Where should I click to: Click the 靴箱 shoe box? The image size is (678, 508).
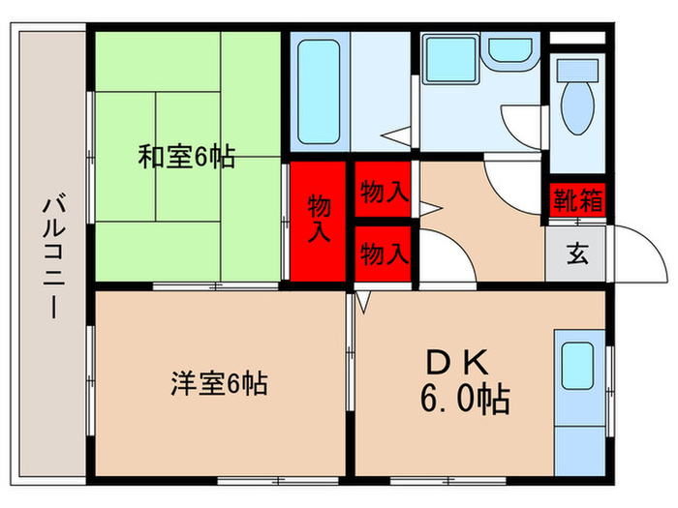point(577,201)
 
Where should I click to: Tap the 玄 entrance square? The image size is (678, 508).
point(577,255)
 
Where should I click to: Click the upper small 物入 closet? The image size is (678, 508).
point(384,192)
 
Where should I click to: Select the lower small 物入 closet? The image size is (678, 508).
point(384,254)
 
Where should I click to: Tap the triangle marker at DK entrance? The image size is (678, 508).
point(364,302)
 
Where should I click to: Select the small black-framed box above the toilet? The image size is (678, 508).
point(578,41)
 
